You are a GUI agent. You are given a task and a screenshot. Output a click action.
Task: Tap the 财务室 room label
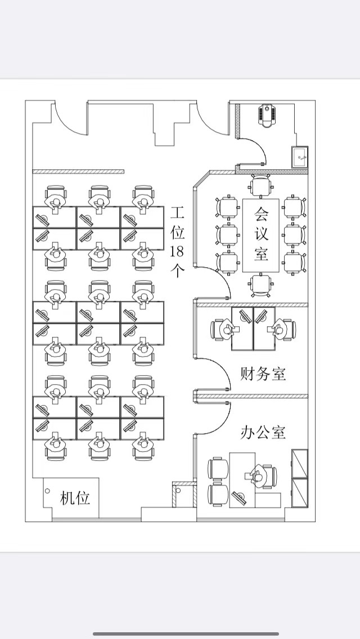[263, 373]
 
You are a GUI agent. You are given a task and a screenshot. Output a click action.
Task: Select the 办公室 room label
[263, 432]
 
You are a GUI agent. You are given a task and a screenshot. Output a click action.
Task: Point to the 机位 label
[75, 498]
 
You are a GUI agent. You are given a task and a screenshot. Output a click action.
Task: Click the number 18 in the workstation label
[177, 251]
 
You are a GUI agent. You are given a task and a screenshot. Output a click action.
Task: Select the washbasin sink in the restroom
[300, 156]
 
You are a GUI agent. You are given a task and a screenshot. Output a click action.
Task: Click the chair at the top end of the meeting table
[261, 186]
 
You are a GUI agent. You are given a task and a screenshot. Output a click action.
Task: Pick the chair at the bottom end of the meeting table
[261, 285]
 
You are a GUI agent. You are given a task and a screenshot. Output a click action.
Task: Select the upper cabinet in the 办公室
[300, 463]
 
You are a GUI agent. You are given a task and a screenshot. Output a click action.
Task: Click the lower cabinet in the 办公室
[300, 493]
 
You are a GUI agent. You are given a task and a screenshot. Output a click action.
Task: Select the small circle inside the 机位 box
[47, 491]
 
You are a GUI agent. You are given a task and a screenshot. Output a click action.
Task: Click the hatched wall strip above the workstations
[78, 172]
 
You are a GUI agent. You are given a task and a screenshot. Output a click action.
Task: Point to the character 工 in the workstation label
[177, 213]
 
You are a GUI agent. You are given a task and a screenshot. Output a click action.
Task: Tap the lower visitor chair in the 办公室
[218, 496]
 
